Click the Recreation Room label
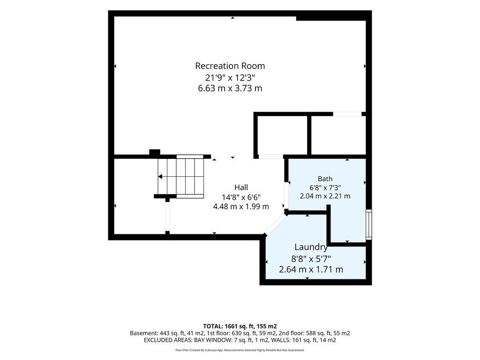[x=230, y=66]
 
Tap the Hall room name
[x=241, y=187]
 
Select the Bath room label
[x=325, y=179]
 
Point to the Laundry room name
[x=311, y=247]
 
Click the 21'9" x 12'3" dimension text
[x=230, y=77]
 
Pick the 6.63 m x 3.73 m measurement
[x=230, y=89]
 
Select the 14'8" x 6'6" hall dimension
[x=241, y=197]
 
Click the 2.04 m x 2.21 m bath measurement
[x=325, y=196]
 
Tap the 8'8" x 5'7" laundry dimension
[x=311, y=259]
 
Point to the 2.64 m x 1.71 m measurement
[x=311, y=270]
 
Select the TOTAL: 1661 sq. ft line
[x=240, y=326]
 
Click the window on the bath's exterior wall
[x=369, y=225]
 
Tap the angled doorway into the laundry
[x=275, y=225]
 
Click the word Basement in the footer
[x=143, y=333]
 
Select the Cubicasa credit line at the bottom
[x=240, y=350]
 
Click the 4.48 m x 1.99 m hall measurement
[x=241, y=207]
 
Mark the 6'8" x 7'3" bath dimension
[x=325, y=187]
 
